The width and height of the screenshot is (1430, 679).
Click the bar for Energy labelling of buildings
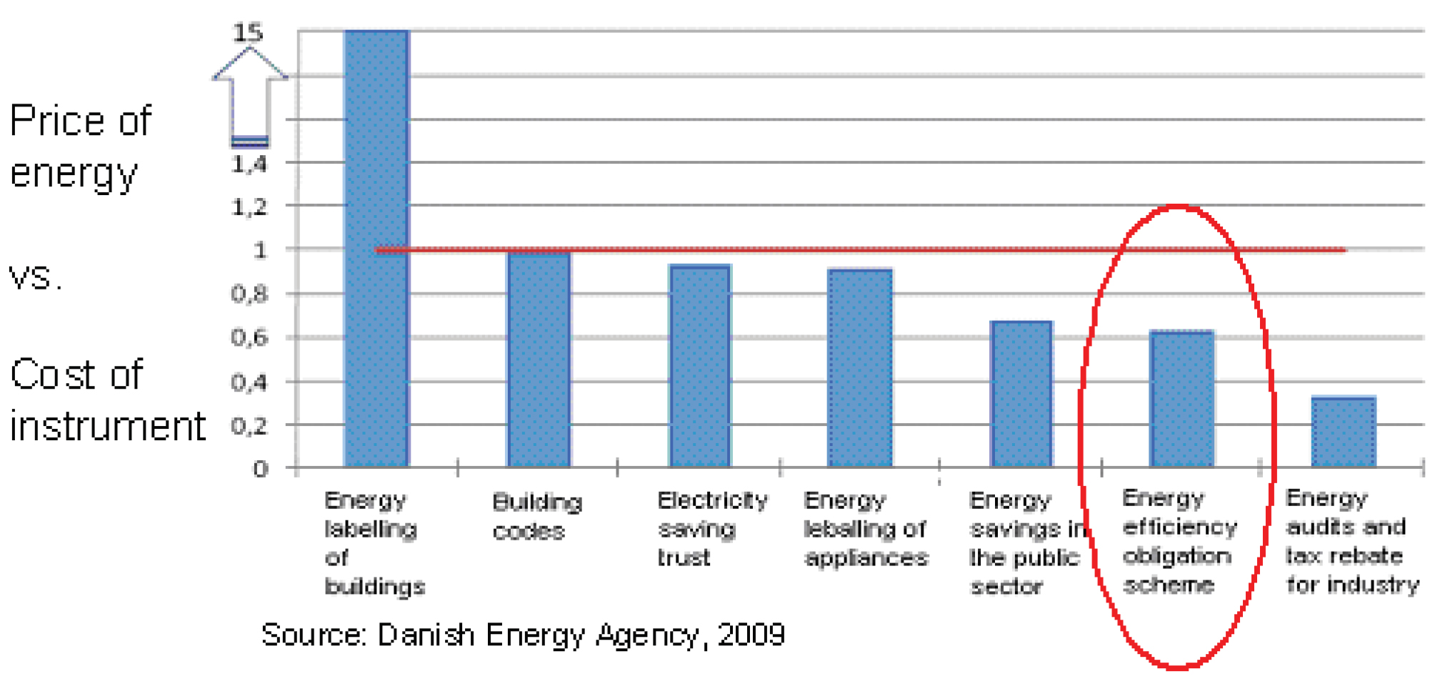click(x=376, y=250)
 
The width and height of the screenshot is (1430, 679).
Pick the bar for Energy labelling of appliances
click(x=860, y=367)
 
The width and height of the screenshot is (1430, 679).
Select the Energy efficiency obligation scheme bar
click(x=1181, y=399)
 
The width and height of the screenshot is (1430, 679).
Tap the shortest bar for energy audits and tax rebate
click(x=1344, y=432)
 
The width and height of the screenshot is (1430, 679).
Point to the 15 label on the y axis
click(x=248, y=33)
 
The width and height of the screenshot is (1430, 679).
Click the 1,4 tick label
click(x=249, y=164)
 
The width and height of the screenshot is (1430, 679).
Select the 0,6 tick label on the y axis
click(x=249, y=337)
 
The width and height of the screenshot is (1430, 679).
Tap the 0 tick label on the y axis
click(x=261, y=469)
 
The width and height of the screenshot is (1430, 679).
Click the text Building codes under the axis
click(x=537, y=516)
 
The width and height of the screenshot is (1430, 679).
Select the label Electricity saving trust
click(x=711, y=528)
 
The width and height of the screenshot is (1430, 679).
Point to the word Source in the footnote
click(x=310, y=635)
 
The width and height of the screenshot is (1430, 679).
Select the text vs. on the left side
click(x=34, y=277)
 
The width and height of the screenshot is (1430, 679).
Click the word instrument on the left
click(x=107, y=427)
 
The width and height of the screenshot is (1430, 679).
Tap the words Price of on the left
click(x=80, y=120)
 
